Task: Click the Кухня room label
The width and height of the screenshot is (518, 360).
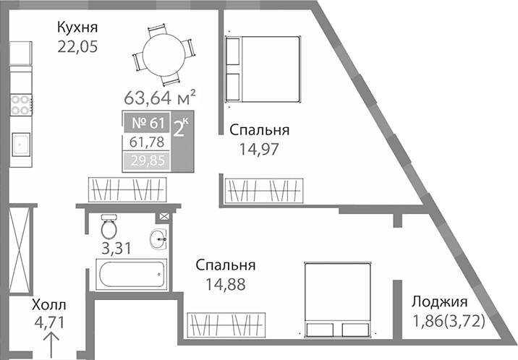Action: pos(77,28)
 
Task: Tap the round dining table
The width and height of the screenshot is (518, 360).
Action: pos(164,54)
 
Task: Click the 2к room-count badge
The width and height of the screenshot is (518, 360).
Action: pos(182,128)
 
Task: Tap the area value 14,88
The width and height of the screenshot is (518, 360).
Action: pos(224,284)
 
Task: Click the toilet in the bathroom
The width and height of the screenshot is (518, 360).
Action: pos(109,227)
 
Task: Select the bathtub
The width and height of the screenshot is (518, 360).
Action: pos(132,275)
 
